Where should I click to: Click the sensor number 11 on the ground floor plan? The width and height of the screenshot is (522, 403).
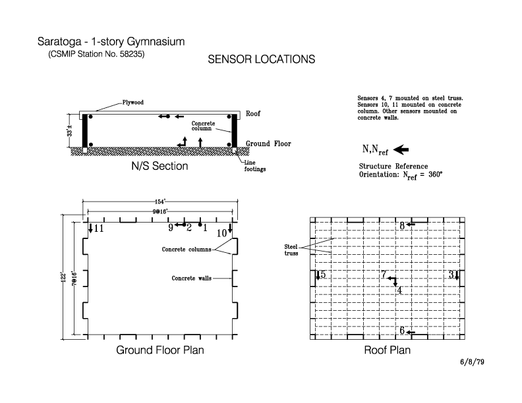pos(99,228)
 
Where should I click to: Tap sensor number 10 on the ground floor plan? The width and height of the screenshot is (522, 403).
pos(221,233)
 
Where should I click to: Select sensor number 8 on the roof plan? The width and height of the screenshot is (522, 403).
pos(402,226)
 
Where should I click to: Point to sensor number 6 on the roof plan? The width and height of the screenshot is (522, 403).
pos(402,330)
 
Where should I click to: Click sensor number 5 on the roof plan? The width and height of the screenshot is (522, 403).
pos(322,275)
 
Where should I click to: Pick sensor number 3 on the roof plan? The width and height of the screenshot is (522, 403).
pos(451,275)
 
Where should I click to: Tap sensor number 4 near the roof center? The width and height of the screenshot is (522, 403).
pos(399,290)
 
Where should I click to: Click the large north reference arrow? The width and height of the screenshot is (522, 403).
pos(401,149)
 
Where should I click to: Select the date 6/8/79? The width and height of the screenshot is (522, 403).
pos(472,362)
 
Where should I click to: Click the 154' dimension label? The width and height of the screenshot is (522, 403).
pos(160,201)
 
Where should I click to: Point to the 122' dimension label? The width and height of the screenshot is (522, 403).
pos(63,277)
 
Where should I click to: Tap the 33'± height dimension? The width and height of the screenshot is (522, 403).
pos(70,130)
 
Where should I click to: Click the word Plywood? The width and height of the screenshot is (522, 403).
pos(133,103)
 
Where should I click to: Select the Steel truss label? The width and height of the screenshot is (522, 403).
pos(291,250)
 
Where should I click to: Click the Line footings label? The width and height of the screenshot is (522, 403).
pos(255,166)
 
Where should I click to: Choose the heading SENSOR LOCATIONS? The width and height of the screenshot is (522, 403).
pos(262,59)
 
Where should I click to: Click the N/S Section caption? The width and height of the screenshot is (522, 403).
pos(159,166)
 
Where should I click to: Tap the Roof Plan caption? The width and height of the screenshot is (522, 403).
pos(387,350)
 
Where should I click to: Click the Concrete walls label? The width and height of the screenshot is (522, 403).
pos(191,279)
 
